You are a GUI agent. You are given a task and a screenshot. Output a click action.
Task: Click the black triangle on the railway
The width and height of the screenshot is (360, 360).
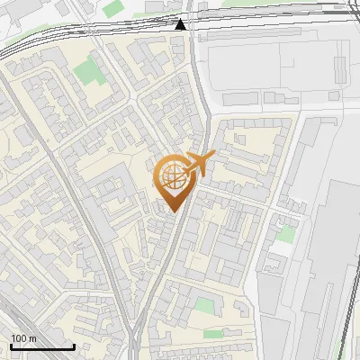[182, 24]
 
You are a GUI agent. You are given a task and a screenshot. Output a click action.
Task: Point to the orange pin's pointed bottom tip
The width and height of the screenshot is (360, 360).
[173, 211]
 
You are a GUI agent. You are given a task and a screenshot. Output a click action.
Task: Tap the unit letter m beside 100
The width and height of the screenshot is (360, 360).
[32, 338]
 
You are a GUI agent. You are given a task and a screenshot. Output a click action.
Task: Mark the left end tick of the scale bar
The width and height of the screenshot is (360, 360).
[11, 346]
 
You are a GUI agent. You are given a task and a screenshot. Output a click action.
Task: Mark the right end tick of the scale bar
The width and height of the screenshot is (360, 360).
[74, 346]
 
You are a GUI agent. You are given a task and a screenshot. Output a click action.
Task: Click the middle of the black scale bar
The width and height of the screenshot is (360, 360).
[42, 347]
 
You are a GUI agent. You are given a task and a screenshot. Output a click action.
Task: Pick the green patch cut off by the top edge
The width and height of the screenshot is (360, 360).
[112, 7]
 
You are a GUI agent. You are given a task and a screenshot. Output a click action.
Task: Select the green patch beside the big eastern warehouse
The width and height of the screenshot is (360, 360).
[286, 233]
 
